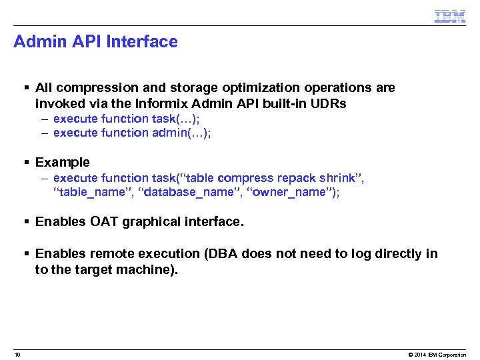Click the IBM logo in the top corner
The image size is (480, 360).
(x=449, y=16)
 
